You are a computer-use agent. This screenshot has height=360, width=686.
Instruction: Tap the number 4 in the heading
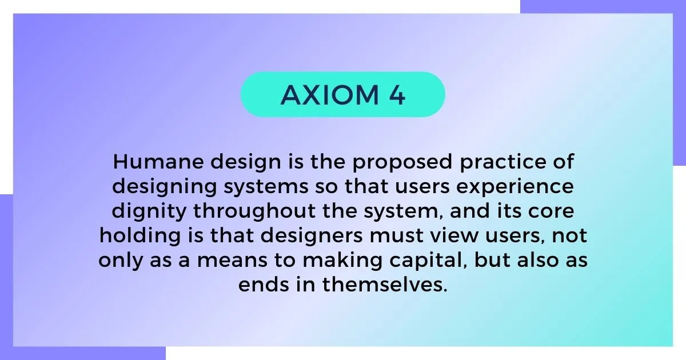pyautogui.click(x=397, y=95)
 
